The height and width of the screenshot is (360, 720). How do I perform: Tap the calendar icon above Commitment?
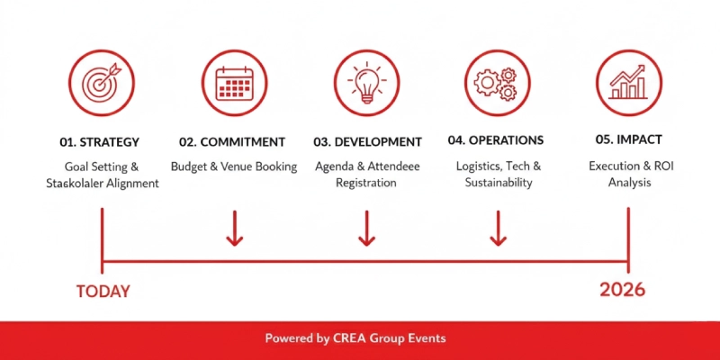pos(234,84)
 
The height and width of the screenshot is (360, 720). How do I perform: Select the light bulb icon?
pos(366,84)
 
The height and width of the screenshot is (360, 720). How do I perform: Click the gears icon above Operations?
pos(497,84)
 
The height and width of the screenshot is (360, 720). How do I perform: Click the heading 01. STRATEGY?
pos(100,142)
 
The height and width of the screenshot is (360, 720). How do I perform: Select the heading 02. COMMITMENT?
pos(232,142)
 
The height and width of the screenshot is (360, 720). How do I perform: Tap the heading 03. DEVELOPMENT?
pos(367,142)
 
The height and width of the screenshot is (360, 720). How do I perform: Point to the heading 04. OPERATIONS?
pos(495,140)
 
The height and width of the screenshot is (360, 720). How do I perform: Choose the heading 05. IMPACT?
pos(628,140)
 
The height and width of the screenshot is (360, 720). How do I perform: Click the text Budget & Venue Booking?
pos(234,166)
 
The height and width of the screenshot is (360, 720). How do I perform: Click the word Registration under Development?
pos(367,183)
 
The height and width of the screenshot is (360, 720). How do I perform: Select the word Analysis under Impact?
pos(628,183)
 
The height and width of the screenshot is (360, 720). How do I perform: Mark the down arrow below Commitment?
pos(234,229)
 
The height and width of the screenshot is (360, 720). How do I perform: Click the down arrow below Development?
pos(366,229)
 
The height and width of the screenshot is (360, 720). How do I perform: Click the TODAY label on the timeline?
pos(103,292)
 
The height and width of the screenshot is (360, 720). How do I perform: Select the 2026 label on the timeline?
pos(622,290)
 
